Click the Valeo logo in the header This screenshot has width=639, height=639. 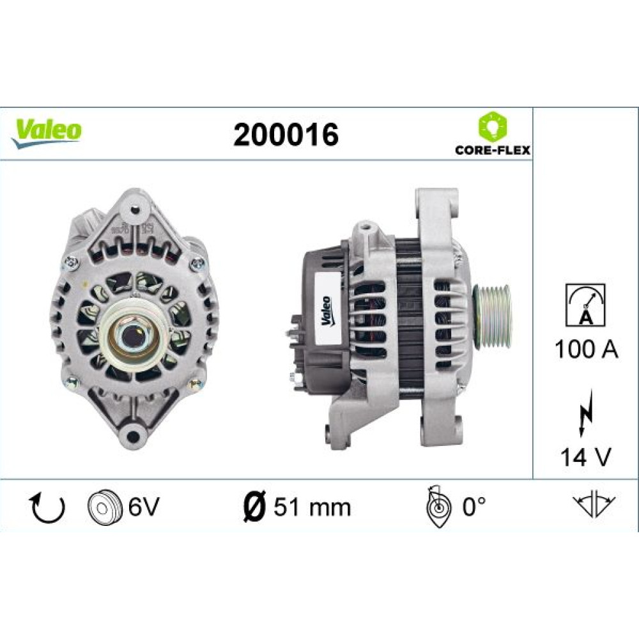pyautogui.click(x=46, y=132)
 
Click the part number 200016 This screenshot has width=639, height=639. pyautogui.click(x=286, y=134)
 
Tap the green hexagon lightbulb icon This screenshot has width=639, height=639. pyautogui.click(x=493, y=126)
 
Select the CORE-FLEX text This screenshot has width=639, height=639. pyautogui.click(x=493, y=150)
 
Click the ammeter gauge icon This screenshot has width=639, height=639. pyautogui.click(x=585, y=305)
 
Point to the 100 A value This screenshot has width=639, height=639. pyautogui.click(x=586, y=350)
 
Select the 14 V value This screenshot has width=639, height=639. pyautogui.click(x=585, y=457)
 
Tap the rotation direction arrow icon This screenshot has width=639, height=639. pyautogui.click(x=49, y=508)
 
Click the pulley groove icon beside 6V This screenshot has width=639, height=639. pyautogui.click(x=105, y=507)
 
